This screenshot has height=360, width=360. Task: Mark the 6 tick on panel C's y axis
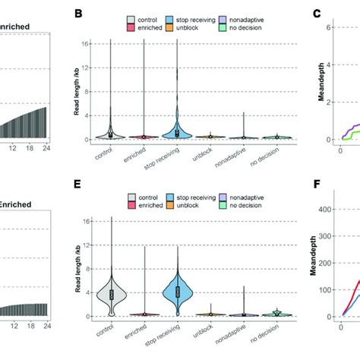point(332,27)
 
